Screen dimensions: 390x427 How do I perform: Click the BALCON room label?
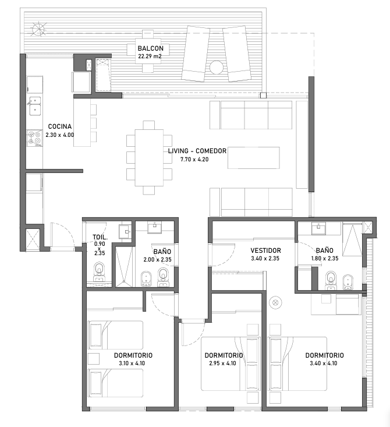click(x=151, y=48)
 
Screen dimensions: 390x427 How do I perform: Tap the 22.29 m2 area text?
click(x=150, y=57)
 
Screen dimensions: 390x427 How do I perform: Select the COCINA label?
click(x=60, y=126)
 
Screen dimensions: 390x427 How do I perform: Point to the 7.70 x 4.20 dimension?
click(x=194, y=159)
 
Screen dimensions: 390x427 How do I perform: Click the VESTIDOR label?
click(x=265, y=250)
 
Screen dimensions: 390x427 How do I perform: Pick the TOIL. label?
click(x=100, y=237)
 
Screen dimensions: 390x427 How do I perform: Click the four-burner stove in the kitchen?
click(x=34, y=138)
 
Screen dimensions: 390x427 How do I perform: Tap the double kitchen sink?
click(x=35, y=105)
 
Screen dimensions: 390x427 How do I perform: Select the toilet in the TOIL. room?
click(x=100, y=271)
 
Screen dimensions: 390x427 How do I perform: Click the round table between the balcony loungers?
click(x=217, y=67)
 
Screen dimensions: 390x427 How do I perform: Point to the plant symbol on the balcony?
click(x=38, y=29)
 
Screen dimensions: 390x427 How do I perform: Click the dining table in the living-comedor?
click(x=149, y=158)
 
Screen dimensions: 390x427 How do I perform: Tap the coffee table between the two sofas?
click(x=254, y=158)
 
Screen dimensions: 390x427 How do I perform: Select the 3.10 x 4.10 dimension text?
click(x=132, y=363)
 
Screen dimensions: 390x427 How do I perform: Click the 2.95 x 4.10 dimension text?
click(x=222, y=363)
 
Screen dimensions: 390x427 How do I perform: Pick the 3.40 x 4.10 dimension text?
click(x=323, y=363)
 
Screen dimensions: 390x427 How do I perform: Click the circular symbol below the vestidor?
click(x=275, y=302)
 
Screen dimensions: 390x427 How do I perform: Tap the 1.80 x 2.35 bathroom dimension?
click(x=325, y=258)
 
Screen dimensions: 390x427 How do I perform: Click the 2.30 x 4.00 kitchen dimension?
click(x=60, y=135)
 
